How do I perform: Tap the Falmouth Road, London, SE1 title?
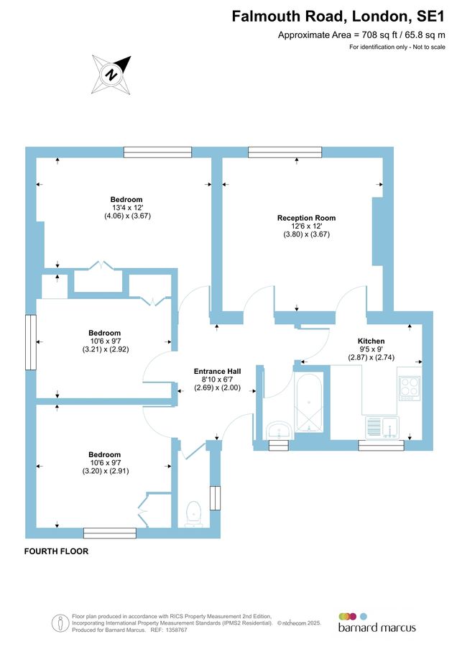point(338,17)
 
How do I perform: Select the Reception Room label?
point(306,218)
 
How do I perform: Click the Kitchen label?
point(371,341)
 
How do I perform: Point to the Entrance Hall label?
point(217,372)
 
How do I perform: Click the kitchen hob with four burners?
point(409,387)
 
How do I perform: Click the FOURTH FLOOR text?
point(56,551)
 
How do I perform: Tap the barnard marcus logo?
point(377,623)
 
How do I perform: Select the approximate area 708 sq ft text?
point(361,35)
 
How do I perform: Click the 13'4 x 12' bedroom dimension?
point(126,208)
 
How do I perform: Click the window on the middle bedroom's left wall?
point(30,342)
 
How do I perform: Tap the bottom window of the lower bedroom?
point(109,533)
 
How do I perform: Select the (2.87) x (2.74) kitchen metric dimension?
point(371,357)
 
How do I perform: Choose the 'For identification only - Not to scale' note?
point(397,47)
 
